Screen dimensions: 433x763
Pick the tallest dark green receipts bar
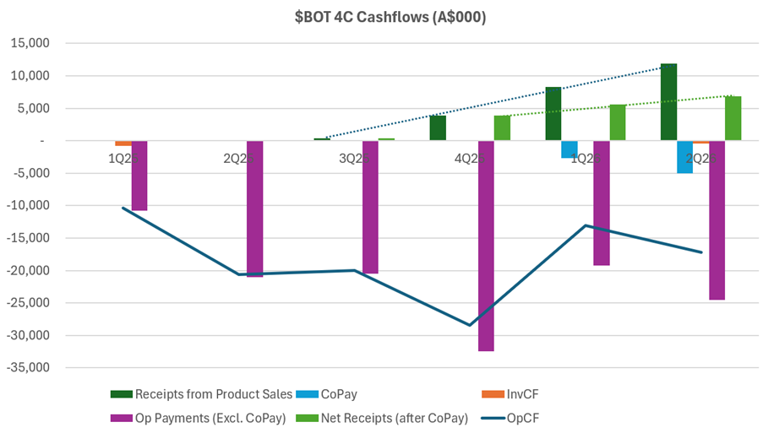click(x=668, y=102)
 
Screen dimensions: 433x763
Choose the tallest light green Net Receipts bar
click(x=733, y=118)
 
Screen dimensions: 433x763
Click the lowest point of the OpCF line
click(x=470, y=325)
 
